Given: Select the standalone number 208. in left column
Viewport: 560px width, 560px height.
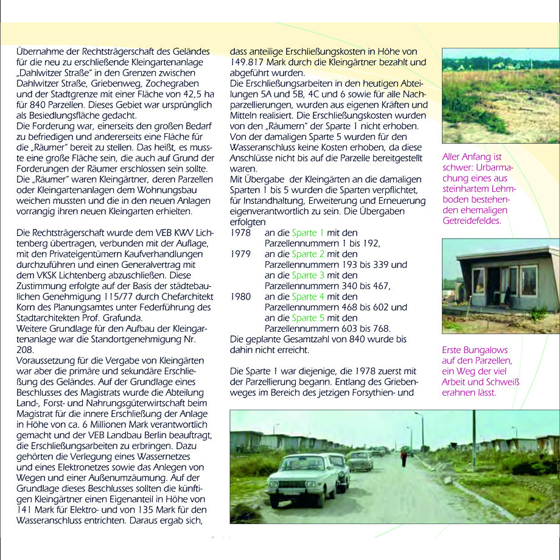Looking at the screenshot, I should [25, 349].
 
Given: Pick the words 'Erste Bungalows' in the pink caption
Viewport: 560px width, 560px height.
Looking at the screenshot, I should [474, 351].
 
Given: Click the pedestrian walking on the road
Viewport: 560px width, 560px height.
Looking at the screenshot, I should [403, 457].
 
